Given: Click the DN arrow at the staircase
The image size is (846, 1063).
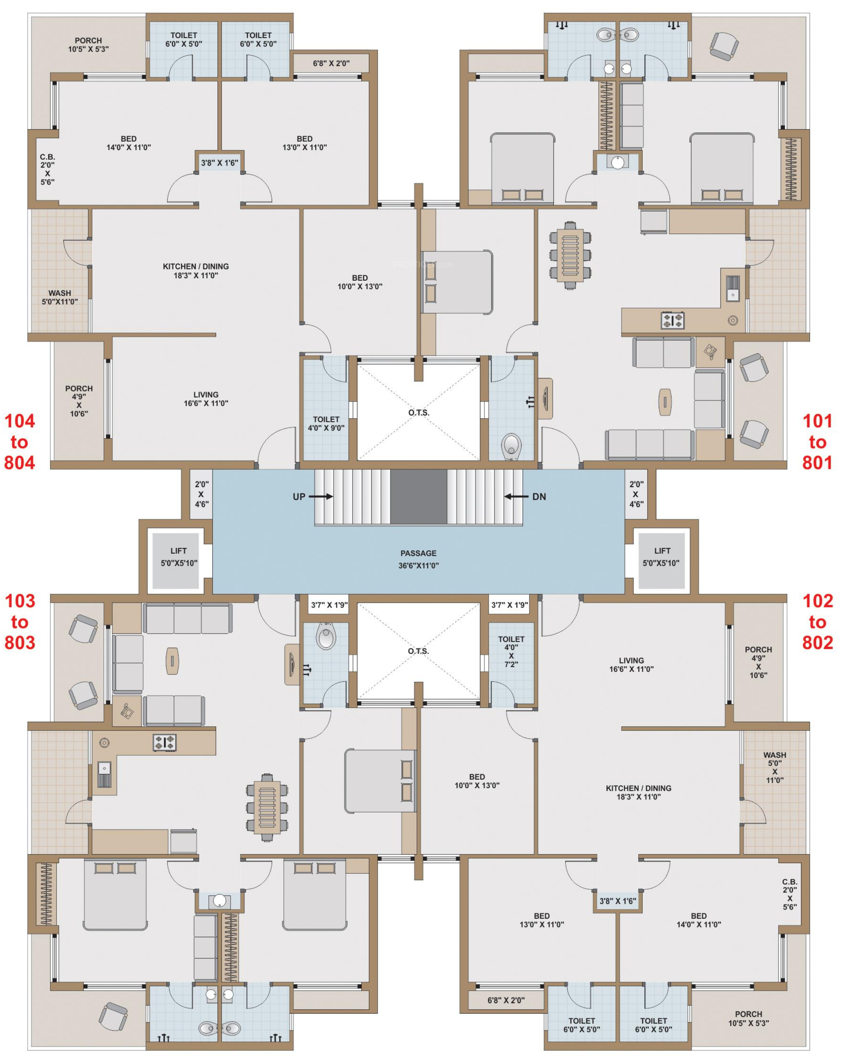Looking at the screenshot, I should pyautogui.click(x=516, y=496).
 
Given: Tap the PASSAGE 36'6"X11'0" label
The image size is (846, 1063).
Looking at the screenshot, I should pyautogui.click(x=418, y=559).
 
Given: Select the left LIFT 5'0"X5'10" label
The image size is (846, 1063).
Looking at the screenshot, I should pyautogui.click(x=178, y=557).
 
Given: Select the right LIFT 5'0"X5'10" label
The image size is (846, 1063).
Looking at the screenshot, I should pyautogui.click(x=661, y=557).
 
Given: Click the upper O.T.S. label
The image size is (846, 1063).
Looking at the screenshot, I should pyautogui.click(x=418, y=412).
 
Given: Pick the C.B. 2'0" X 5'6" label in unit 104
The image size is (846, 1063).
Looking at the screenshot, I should pyautogui.click(x=47, y=169).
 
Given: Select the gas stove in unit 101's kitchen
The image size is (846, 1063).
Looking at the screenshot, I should pyautogui.click(x=672, y=320).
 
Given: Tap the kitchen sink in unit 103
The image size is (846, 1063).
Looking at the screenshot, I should pyautogui.click(x=104, y=774).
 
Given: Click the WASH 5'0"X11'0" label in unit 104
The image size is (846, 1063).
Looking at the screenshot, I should pyautogui.click(x=60, y=297).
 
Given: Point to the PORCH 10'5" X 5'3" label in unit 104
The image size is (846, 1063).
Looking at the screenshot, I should pyautogui.click(x=88, y=44).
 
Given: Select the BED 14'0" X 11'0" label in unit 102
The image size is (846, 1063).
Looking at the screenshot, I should pyautogui.click(x=698, y=920).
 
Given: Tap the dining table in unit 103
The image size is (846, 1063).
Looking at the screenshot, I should pyautogui.click(x=267, y=807).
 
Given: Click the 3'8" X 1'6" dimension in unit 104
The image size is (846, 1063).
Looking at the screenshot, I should pyautogui.click(x=219, y=163).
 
